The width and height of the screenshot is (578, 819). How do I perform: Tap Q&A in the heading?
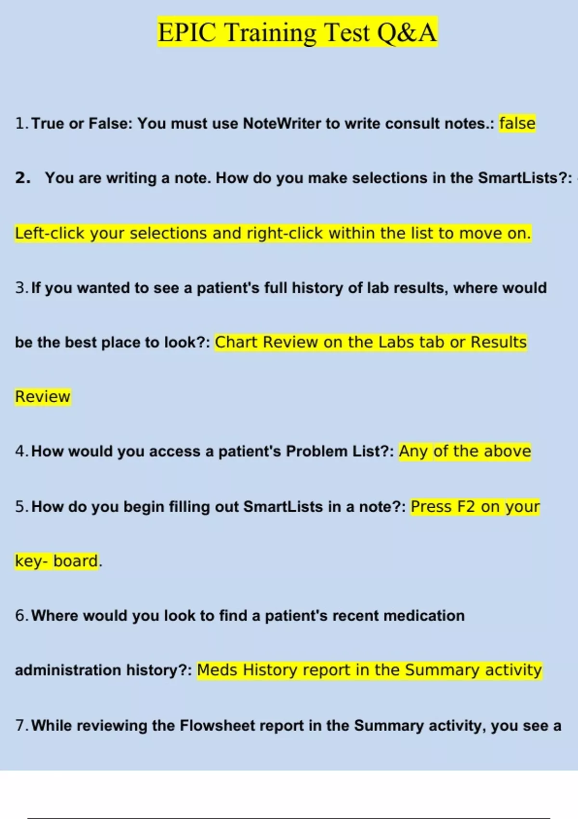(x=407, y=33)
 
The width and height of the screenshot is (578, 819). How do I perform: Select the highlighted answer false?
(x=517, y=123)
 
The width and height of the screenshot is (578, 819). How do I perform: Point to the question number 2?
(x=23, y=178)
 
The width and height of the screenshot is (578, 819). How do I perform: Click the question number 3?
(x=21, y=288)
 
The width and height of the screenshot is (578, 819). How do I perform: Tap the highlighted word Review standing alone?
(x=43, y=396)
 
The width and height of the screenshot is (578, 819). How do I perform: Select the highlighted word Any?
(x=413, y=451)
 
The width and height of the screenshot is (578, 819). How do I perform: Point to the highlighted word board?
(x=76, y=561)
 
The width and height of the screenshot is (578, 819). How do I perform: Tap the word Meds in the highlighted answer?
(x=217, y=670)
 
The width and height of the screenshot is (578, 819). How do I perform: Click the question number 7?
(x=21, y=726)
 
